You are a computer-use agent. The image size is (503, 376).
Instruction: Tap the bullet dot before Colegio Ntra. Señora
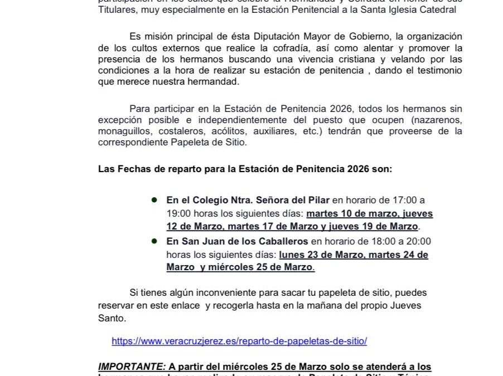click(x=154, y=199)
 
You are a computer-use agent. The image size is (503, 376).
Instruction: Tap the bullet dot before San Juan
click(x=154, y=241)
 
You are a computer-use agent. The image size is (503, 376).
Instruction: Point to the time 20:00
click(x=419, y=241)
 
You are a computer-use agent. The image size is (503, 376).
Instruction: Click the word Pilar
click(x=318, y=200)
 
